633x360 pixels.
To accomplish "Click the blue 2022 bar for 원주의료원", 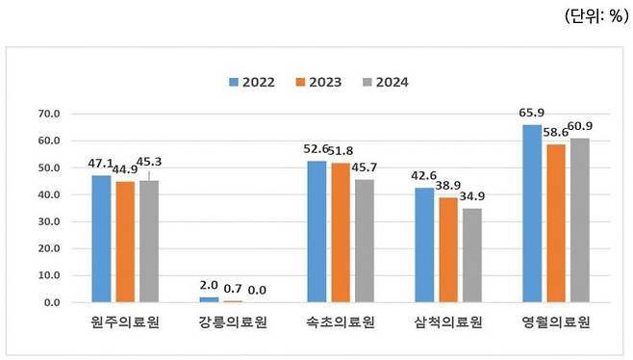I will point(101,239).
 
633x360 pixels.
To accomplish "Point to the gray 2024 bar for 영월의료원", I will point(579,220).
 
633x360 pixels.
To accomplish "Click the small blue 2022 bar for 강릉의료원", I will point(209,299).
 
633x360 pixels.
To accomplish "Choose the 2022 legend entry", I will point(253,82).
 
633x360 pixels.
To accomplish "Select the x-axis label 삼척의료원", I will point(448,321).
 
